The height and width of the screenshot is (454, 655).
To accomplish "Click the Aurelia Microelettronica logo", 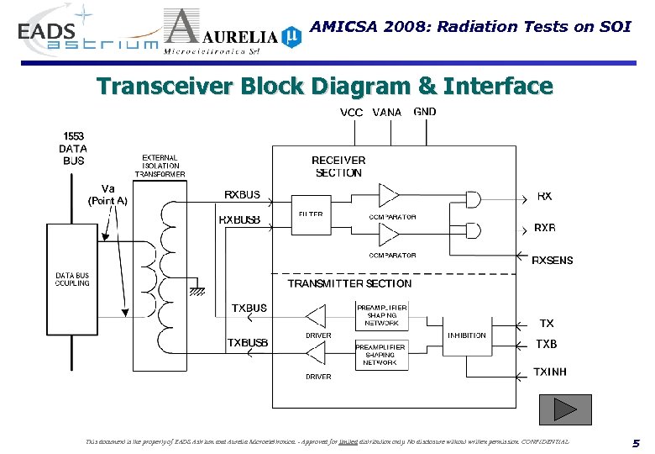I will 231,34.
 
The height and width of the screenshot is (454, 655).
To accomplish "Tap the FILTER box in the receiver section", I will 311,215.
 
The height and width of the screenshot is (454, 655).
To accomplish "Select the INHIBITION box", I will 466,335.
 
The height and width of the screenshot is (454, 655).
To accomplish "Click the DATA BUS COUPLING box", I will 72,279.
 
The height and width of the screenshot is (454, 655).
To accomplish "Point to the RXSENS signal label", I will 553,261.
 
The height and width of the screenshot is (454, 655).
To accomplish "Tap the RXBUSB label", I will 239,220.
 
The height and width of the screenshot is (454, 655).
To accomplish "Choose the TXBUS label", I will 249,309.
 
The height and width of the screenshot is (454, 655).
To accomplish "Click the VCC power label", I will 351,113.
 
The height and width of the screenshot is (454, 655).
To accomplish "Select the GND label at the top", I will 425,112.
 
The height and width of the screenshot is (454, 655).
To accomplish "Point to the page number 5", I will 636,443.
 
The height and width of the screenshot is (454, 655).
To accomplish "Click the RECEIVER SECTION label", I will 338,166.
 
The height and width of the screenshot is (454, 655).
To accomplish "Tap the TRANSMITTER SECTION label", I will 349,284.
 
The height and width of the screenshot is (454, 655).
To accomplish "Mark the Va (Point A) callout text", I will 107,194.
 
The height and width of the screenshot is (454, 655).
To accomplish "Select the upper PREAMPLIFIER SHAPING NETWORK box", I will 382,316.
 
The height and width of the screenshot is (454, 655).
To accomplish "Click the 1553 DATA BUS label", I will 72,148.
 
